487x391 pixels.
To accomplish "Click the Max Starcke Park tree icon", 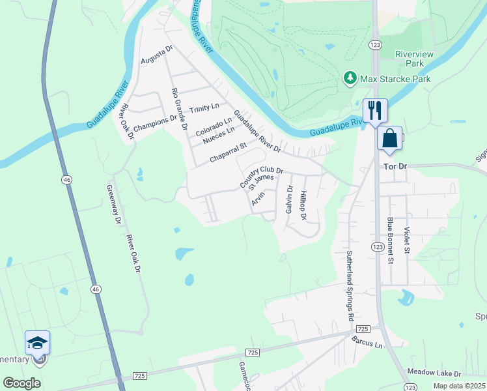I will coord(350,79).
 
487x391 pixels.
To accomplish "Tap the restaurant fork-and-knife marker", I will coord(374,109).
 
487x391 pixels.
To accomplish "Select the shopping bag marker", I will coord(389,138).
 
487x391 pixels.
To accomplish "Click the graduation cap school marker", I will coord(37,343).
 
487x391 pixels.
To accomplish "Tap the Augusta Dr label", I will coord(157,57).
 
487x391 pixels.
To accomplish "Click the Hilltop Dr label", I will coord(303,205).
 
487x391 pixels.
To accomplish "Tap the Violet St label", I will coord(407,240).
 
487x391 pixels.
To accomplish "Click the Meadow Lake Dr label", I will coord(434,373).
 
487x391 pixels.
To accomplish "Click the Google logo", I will coord(22,383).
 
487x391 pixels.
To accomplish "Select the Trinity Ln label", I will coord(204,106).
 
